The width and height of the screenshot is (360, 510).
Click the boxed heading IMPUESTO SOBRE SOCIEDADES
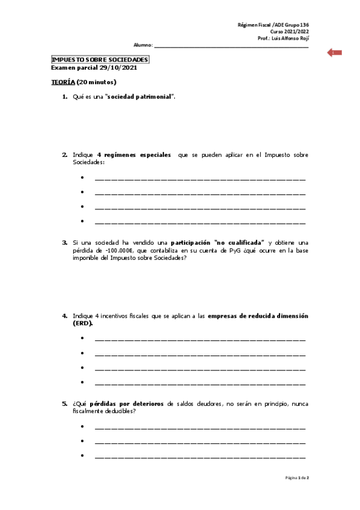(100, 60)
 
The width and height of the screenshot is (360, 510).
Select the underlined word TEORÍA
(63, 82)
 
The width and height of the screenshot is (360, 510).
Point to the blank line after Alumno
(231, 46)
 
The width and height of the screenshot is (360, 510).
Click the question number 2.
(64, 155)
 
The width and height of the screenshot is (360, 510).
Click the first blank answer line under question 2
(200, 179)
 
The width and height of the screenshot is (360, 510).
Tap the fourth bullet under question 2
(82, 222)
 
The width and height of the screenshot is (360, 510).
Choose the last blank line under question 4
(200, 383)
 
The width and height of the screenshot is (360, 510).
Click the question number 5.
(64, 404)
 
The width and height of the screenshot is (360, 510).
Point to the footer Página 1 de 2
(296, 478)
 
